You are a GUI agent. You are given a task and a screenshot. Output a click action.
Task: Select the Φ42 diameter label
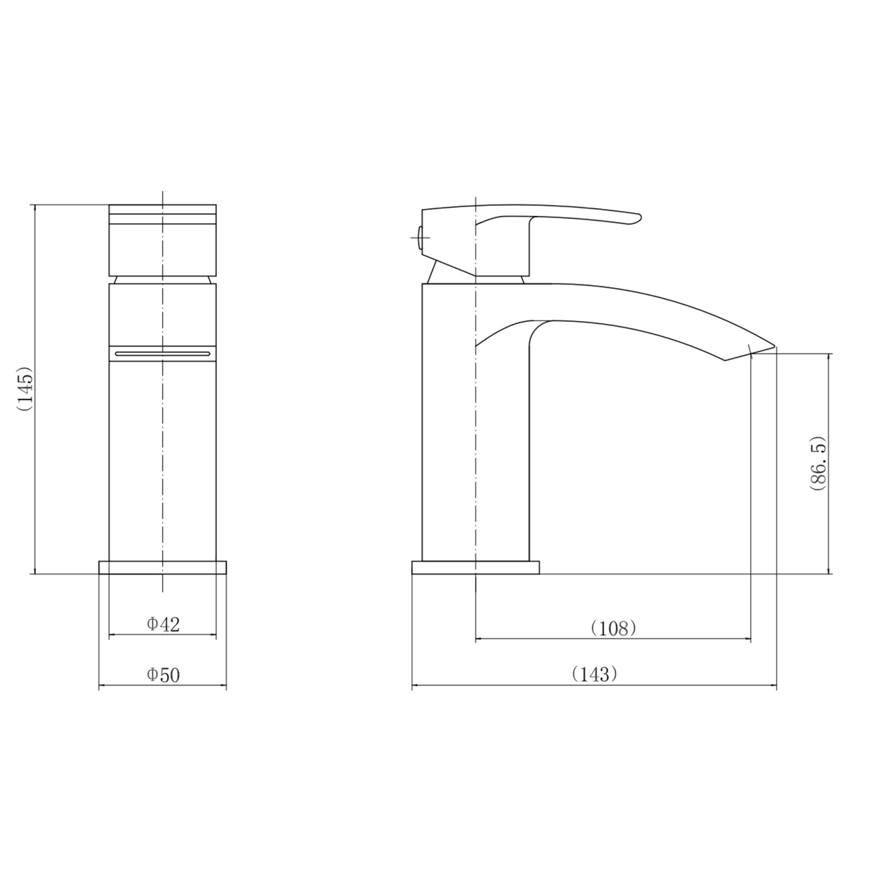[163, 624]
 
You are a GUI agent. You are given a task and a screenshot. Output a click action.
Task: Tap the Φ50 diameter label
[163, 675]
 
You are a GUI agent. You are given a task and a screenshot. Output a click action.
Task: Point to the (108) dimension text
[613, 628]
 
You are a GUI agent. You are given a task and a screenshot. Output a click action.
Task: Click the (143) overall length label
[594, 675]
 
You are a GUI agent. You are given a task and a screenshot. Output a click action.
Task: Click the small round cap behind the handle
[418, 234]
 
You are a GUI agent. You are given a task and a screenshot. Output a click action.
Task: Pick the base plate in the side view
[475, 567]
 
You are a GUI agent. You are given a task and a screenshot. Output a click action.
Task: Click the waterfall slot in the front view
[163, 353]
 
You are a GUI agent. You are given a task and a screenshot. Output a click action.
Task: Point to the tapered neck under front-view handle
[163, 279]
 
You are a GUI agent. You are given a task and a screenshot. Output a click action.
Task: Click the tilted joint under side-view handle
[435, 273]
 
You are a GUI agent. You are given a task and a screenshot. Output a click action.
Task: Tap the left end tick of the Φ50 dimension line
[99, 687]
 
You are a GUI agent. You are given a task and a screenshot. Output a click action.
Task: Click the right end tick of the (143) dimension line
[776, 687]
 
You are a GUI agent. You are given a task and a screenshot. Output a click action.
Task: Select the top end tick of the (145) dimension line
[35, 204]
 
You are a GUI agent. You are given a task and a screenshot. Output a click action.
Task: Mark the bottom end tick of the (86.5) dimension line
[829, 574]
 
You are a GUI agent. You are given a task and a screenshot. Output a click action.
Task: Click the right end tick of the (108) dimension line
[751, 639]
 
